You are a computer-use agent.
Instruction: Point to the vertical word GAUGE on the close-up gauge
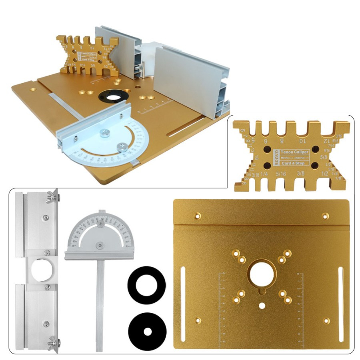click(276, 158)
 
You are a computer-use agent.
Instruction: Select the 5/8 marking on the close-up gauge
click(324, 152)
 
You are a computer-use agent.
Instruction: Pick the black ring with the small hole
click(147, 332)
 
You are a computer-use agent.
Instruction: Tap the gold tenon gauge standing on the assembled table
click(86, 56)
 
